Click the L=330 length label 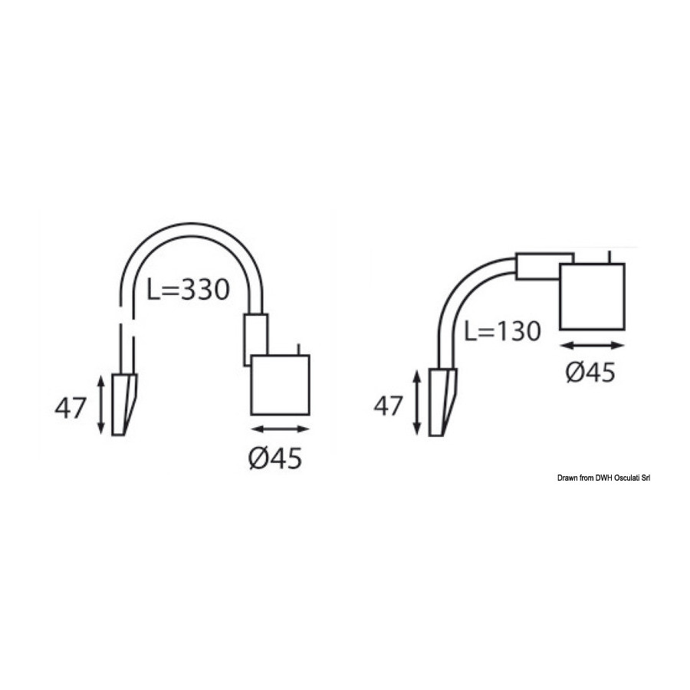coord(188,290)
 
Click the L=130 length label coord(502,330)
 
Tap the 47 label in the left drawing coord(69,408)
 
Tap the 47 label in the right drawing coord(388,406)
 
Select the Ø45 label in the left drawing coord(275,458)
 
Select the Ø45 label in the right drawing coord(590,373)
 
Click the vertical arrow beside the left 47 coord(101,405)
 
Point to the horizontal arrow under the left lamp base coord(280,429)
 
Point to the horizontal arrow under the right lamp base coord(593,346)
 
